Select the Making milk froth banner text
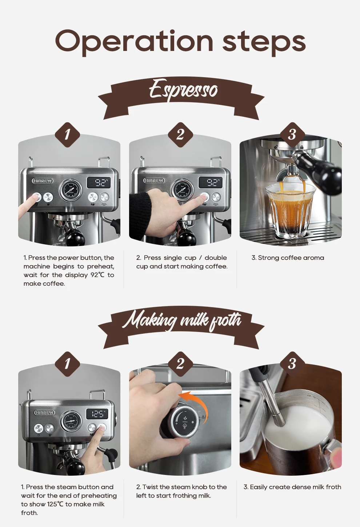point(181,320)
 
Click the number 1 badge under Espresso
point(67,135)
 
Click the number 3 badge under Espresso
point(292,135)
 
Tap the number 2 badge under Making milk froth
point(180,364)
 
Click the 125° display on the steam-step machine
point(97,414)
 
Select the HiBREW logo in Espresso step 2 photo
point(154,181)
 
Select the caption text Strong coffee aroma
point(288,258)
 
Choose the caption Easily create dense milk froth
point(292,487)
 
